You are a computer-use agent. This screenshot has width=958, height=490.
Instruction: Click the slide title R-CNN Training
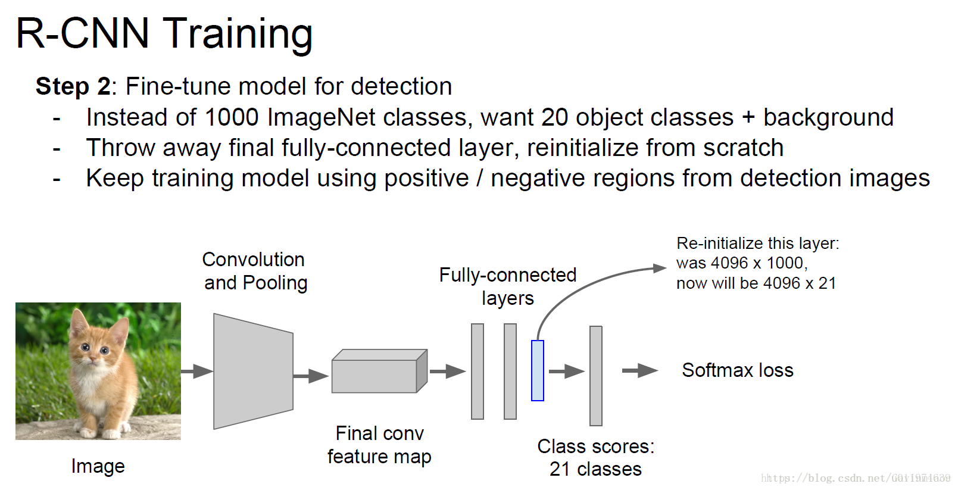coord(164,33)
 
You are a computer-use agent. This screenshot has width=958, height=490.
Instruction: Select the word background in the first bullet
coord(828,117)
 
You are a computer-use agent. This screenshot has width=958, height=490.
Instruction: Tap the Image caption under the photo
coord(98,466)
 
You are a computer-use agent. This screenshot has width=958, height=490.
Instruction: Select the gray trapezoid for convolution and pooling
coord(253,371)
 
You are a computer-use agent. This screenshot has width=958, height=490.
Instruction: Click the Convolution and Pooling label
coord(255,271)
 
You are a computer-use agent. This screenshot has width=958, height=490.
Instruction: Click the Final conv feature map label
coord(379,445)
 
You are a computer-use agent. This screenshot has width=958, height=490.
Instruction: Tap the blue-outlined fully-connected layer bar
coord(537,370)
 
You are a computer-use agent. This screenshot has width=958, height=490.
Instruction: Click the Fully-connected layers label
coord(508,286)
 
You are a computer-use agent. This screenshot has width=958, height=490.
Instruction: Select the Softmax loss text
coord(737,370)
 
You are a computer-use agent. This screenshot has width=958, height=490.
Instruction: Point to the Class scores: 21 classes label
coord(595,457)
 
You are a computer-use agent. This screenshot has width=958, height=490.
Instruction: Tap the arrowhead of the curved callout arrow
coord(660,268)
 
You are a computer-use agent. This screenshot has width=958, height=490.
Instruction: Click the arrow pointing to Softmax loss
coord(639,371)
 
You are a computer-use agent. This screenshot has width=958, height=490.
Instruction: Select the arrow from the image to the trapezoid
coord(196,371)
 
